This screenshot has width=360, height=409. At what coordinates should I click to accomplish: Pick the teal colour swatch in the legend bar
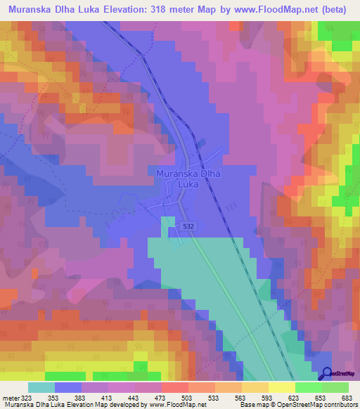coord(41,387)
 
